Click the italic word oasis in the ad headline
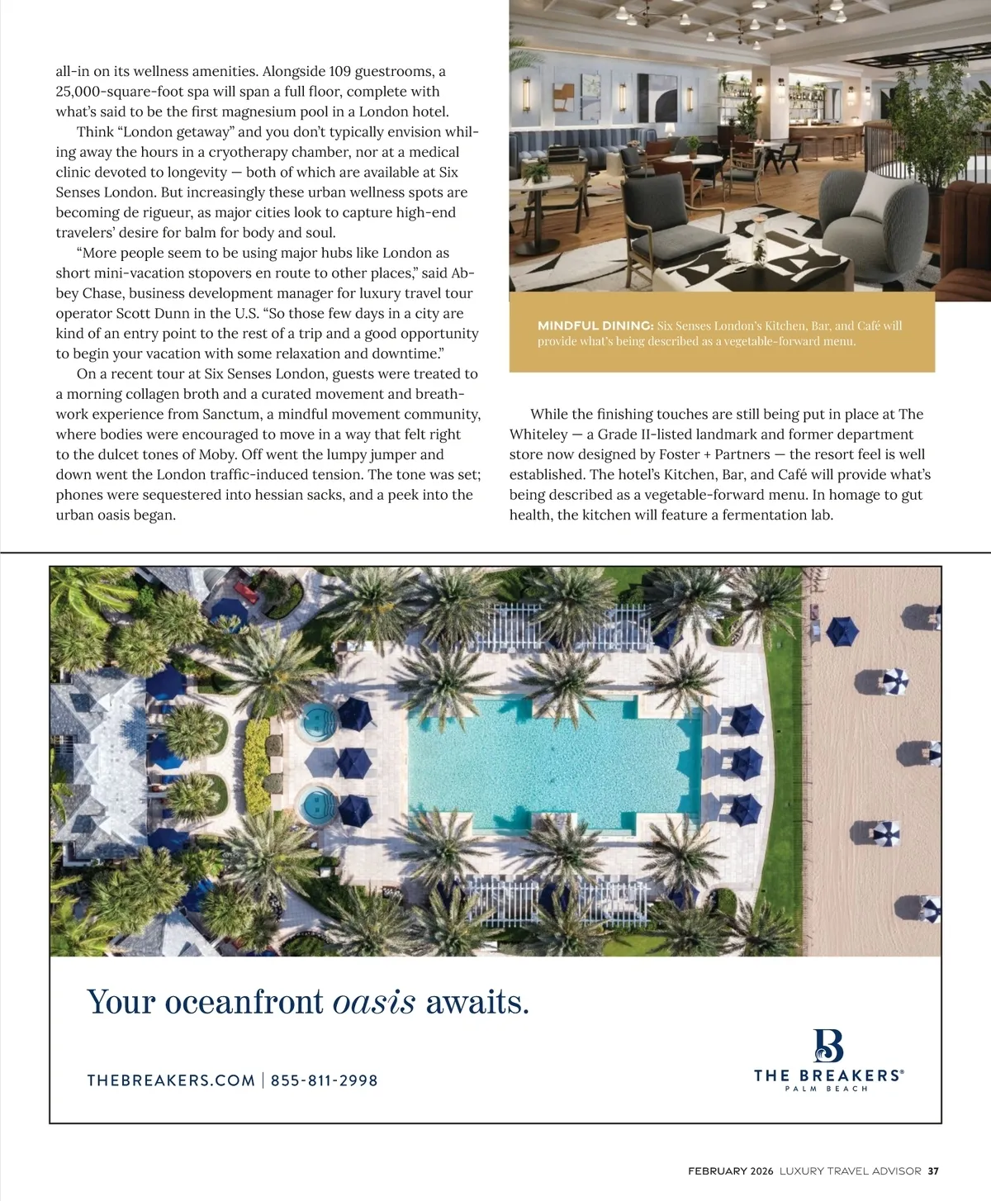click(374, 1002)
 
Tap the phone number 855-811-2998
click(324, 1080)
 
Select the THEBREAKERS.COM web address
click(171, 1080)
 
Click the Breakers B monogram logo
click(828, 1046)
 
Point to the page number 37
click(933, 1170)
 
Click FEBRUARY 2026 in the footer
click(730, 1170)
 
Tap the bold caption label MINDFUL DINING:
click(595, 325)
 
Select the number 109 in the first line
click(340, 72)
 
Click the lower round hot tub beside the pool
click(317, 800)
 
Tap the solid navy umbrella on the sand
click(842, 632)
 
